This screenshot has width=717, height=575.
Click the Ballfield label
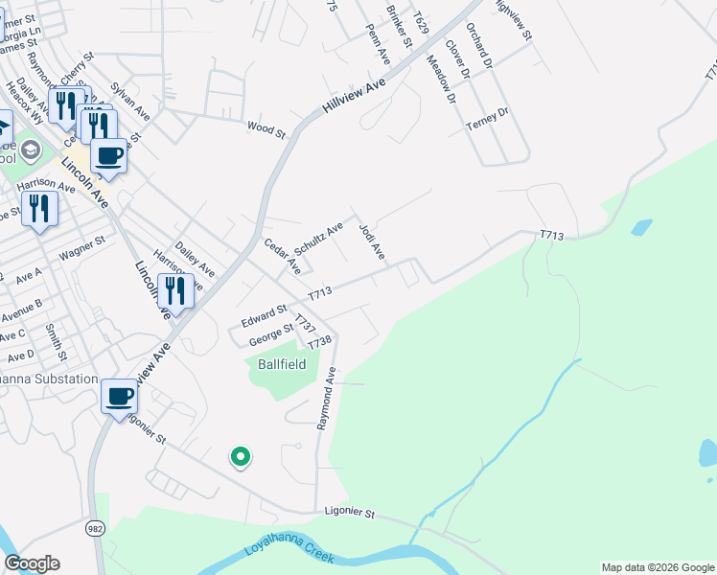pos(281,365)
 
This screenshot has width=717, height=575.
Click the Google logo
pos(32,563)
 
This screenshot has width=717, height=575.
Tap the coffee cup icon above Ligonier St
pos(120,396)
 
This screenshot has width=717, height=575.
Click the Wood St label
pos(266,128)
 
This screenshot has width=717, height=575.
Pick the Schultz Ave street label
pos(318,239)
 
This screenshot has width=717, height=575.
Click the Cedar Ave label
pos(283,256)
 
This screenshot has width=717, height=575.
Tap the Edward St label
pos(264,314)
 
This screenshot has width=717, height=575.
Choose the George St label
pos(271,334)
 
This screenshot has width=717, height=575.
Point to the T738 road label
pos(319,342)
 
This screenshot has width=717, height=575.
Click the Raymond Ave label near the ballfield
pos(327,403)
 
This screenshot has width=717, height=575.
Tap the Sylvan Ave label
pos(129,100)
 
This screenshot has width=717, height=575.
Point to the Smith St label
pos(55,342)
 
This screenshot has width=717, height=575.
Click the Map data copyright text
pos(657,566)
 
